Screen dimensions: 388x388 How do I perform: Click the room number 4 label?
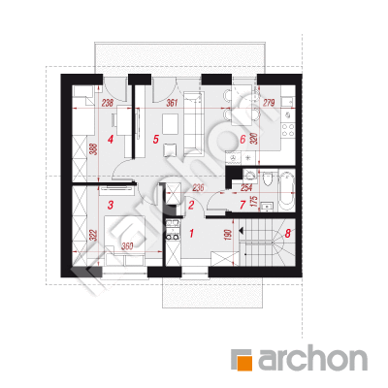tap(111, 140)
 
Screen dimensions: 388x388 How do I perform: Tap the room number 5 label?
tap(156, 140)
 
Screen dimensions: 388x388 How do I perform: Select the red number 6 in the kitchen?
tap(242, 140)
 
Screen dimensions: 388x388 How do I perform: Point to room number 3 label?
tap(111, 205)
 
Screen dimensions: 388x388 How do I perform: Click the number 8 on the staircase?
tap(288, 233)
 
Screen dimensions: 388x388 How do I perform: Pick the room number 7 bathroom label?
tap(242, 205)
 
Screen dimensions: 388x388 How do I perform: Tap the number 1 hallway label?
tap(191, 233)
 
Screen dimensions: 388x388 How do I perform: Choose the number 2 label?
tap(191, 205)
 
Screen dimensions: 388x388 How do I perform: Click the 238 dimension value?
tap(108, 103)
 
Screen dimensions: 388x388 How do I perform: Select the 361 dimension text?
tap(172, 103)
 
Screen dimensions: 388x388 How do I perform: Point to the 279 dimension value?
tap(269, 103)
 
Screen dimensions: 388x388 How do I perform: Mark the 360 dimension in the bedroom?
tap(127, 246)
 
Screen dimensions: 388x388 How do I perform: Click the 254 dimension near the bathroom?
tap(246, 187)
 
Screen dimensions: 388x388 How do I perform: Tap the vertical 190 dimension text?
tap(227, 235)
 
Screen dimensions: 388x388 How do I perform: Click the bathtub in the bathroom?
tap(287, 191)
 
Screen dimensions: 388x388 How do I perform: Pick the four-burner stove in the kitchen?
tap(287, 130)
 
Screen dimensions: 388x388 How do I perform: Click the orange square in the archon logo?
tap(244, 363)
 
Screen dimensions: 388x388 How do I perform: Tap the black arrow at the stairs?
tap(241, 230)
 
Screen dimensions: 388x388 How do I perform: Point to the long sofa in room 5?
tap(194, 123)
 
